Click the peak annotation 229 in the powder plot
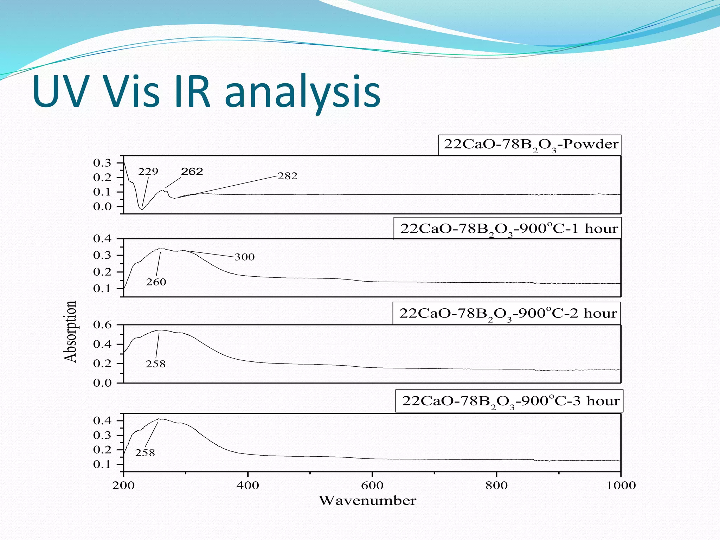coord(148,172)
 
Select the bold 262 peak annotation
coord(192,172)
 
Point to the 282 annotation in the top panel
coord(287,176)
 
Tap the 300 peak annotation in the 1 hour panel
coord(244,257)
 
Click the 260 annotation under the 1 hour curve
coord(156,282)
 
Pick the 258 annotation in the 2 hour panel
coord(155,364)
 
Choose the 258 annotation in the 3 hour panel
coord(145,453)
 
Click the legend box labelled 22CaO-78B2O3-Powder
coord(530,145)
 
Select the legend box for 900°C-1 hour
coord(508,229)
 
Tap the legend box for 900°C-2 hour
coord(507,313)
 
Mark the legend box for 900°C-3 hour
coord(509,401)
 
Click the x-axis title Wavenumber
coord(367,501)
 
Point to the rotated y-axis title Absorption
coord(70,331)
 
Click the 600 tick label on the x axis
coord(372,486)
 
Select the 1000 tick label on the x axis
coord(621,486)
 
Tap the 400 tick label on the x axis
coord(247,486)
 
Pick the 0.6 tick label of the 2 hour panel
coord(102,325)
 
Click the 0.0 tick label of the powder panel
coord(102,207)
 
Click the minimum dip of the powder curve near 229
coord(141,209)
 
